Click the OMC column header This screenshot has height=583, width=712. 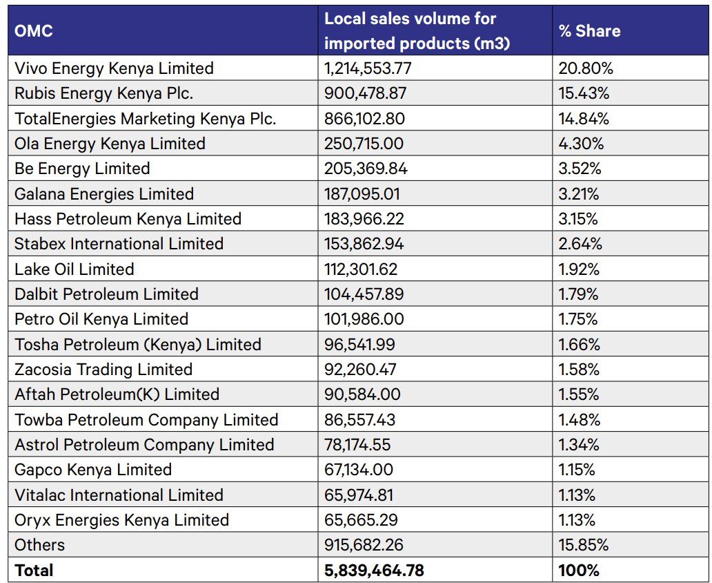point(34,31)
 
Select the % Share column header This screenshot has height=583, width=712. point(589,31)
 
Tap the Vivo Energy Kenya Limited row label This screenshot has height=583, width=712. point(114,68)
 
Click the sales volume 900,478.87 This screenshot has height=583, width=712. point(366,93)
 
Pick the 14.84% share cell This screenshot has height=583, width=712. point(584,118)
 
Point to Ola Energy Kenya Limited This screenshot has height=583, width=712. point(110,144)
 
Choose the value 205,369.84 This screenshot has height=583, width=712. point(366,169)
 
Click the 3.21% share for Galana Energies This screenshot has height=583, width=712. point(579,193)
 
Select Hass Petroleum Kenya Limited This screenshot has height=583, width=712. point(128,219)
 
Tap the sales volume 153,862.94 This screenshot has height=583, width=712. point(364,244)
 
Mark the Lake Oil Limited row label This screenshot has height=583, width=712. point(74,269)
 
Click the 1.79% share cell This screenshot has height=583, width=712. point(578,294)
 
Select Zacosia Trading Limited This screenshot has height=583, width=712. point(103,370)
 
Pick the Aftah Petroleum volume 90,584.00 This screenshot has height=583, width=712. point(362,394)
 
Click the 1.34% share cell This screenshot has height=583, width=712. point(579,444)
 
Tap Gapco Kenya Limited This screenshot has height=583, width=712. point(93,470)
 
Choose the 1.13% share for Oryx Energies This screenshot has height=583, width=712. point(577,519)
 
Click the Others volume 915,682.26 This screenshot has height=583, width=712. point(364,544)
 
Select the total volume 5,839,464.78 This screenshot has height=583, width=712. point(374,570)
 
